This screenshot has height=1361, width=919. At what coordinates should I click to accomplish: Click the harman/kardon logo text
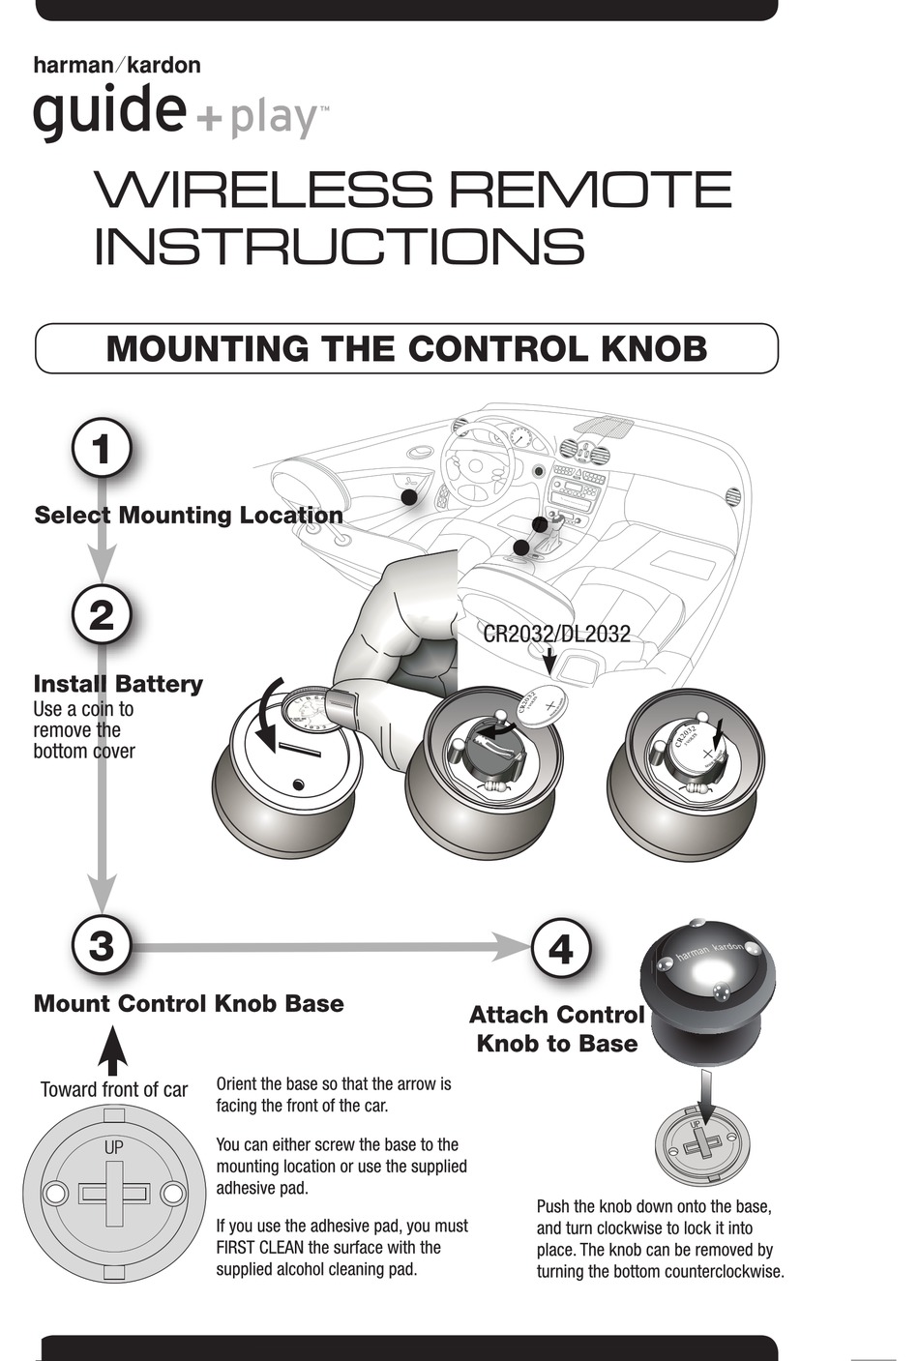(x=117, y=66)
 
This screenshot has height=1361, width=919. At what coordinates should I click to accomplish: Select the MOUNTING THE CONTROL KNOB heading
(x=406, y=349)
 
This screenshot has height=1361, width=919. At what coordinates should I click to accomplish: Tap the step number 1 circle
(x=102, y=450)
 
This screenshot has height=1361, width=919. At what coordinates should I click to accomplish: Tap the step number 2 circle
(x=102, y=615)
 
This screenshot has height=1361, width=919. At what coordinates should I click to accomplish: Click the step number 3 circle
(x=102, y=945)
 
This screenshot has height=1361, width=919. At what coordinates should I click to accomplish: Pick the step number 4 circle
(x=561, y=948)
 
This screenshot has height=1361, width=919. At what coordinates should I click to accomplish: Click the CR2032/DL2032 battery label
(x=556, y=635)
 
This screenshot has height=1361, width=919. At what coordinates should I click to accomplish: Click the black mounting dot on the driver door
(x=409, y=496)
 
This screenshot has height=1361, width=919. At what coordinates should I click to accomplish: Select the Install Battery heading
(x=118, y=684)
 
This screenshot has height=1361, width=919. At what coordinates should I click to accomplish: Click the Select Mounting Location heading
(x=189, y=515)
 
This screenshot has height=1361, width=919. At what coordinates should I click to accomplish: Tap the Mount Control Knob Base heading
(x=189, y=1003)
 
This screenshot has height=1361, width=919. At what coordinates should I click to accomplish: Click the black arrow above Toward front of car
(x=113, y=1050)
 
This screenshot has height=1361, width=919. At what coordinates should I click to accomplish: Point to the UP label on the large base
(x=113, y=1148)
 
